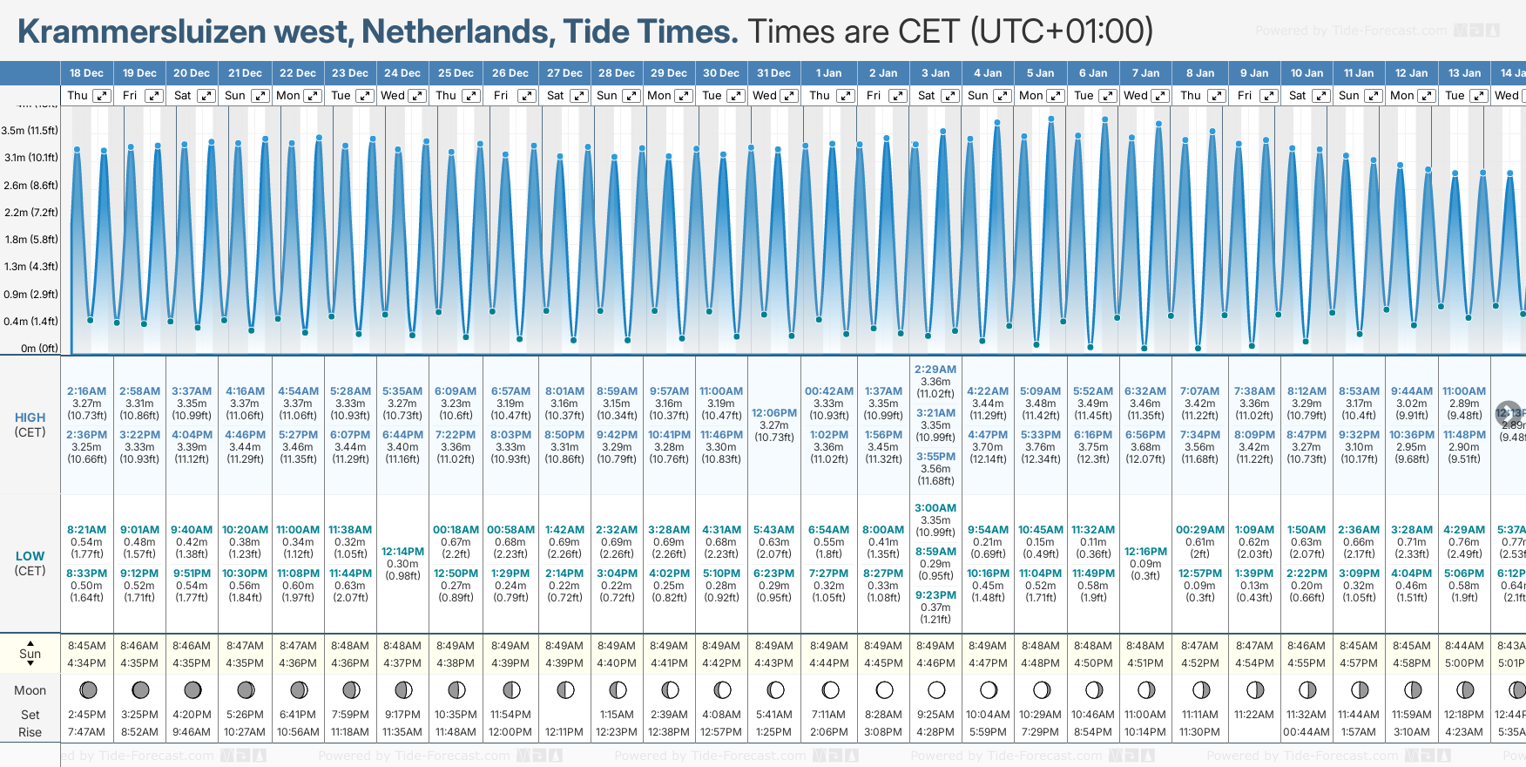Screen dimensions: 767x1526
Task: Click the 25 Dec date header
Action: click(x=456, y=73)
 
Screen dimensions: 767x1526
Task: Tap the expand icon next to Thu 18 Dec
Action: click(x=102, y=96)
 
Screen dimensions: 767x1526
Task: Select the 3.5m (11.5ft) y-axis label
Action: click(x=30, y=131)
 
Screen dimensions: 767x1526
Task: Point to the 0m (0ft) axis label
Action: click(x=40, y=349)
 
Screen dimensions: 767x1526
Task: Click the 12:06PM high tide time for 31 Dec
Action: click(x=774, y=413)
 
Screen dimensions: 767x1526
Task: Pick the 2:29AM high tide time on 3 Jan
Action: click(x=935, y=370)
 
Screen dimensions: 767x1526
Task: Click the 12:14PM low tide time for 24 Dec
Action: click(x=402, y=552)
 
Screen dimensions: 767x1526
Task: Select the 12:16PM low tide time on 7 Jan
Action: click(x=1145, y=552)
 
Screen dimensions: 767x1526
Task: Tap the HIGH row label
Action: click(x=30, y=417)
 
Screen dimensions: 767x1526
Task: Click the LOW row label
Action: click(x=30, y=556)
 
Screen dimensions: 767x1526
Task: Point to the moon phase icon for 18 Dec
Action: click(x=88, y=690)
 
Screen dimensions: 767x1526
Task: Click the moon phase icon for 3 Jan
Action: click(x=936, y=690)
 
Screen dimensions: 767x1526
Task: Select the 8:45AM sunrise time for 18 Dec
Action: click(x=86, y=646)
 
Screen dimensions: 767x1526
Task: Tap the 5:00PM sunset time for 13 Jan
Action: click(x=1464, y=663)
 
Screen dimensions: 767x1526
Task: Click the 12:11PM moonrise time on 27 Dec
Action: click(x=564, y=732)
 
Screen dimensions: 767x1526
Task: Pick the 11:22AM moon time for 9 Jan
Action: click(x=1253, y=715)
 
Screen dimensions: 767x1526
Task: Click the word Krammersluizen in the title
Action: click(x=141, y=31)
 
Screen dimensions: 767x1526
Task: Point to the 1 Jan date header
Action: click(x=828, y=73)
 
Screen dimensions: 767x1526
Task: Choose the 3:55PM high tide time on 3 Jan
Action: click(x=935, y=457)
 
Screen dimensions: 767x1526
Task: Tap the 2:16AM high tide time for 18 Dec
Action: click(x=86, y=391)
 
